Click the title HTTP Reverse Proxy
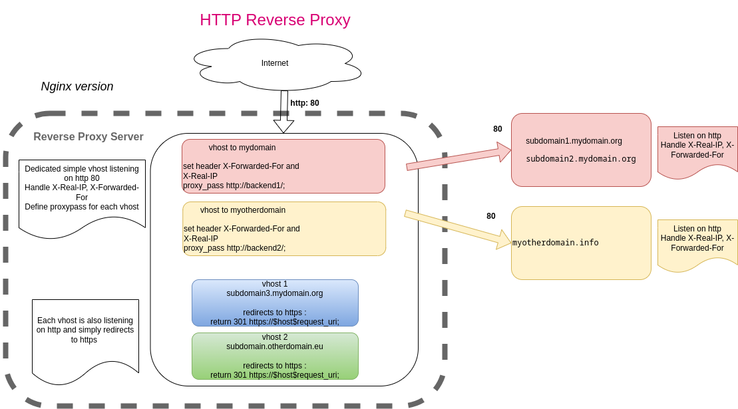(x=275, y=20)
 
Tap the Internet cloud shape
(x=275, y=64)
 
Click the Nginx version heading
(x=77, y=86)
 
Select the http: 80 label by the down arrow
(x=305, y=103)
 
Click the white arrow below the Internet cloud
(x=284, y=113)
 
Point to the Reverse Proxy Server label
(x=89, y=137)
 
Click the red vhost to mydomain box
(x=283, y=166)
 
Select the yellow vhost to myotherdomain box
(x=284, y=229)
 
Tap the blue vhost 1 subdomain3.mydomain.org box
(x=275, y=303)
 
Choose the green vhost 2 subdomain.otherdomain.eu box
(x=275, y=356)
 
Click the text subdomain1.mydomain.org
(x=574, y=141)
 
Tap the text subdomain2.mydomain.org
(x=581, y=159)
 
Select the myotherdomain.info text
(x=556, y=243)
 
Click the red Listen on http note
(x=697, y=150)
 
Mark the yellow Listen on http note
(x=697, y=243)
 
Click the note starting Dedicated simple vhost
(x=82, y=193)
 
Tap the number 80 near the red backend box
(x=498, y=129)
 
